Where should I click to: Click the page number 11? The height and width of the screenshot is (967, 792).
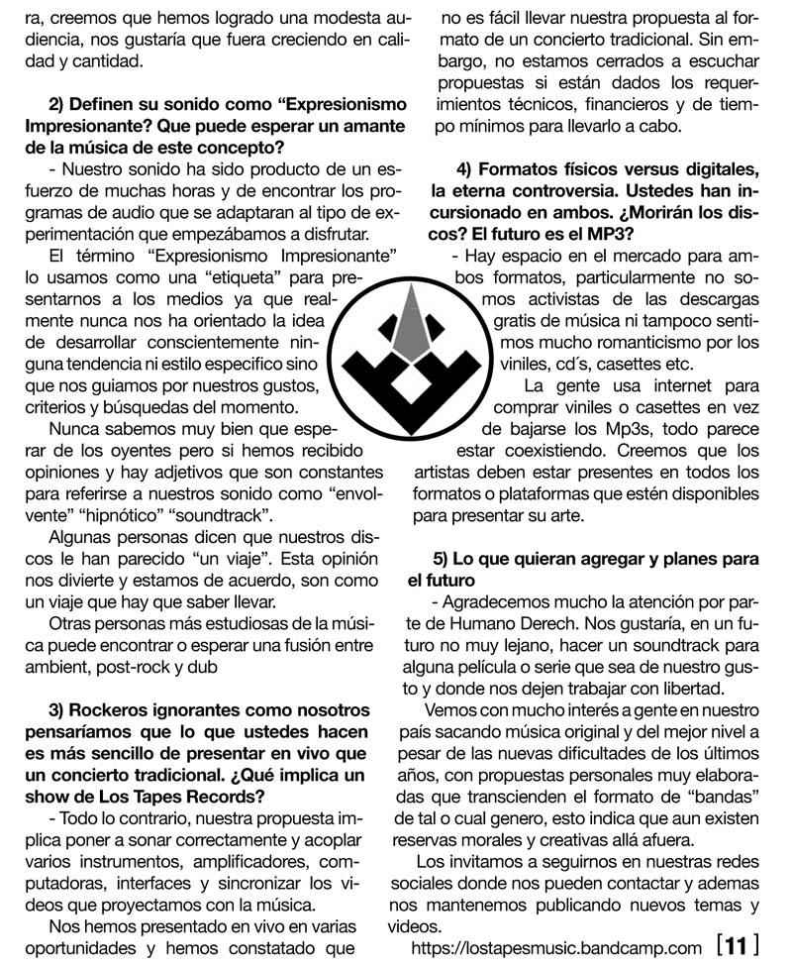[735, 946]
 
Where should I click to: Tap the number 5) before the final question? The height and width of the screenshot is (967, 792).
[445, 558]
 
